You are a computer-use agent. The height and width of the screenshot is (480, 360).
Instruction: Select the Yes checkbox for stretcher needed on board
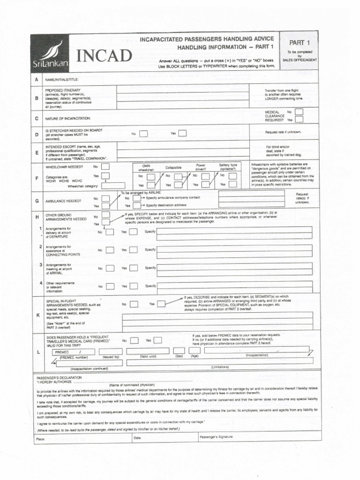[182, 134]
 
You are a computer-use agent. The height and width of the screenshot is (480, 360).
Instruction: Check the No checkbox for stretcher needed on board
[143, 134]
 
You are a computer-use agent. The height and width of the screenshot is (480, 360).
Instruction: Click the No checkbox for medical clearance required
[298, 112]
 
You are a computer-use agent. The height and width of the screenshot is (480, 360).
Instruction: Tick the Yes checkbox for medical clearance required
[298, 120]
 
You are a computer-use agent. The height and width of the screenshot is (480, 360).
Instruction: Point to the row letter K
[37, 315]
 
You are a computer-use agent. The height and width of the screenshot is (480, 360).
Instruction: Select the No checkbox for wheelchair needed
[106, 166]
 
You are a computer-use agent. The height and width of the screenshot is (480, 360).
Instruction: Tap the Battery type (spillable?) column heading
[228, 167]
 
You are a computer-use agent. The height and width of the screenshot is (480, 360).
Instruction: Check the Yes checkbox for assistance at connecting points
[134, 250]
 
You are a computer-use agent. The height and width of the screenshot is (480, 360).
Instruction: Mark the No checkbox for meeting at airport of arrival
[109, 268]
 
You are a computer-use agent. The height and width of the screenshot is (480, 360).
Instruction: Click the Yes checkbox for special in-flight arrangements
[161, 304]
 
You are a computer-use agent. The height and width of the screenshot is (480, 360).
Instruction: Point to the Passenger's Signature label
[216, 437]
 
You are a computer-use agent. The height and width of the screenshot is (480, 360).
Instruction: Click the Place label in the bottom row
[41, 438]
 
